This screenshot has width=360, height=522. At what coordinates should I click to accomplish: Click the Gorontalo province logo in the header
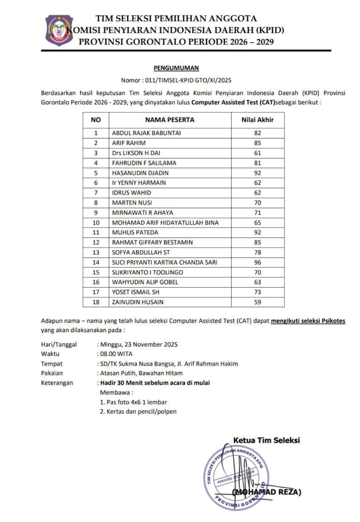[59, 30]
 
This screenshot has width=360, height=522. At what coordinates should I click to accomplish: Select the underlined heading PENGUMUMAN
[176, 68]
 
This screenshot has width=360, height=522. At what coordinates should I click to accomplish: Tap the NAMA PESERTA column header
[170, 120]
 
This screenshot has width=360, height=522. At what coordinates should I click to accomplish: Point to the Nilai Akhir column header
[257, 120]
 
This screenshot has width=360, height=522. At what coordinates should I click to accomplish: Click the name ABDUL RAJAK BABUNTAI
[146, 133]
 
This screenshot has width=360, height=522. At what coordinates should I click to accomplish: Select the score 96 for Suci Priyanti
[257, 262]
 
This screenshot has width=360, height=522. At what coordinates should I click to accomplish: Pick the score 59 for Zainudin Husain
[257, 302]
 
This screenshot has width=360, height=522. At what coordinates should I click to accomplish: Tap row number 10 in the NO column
[96, 222]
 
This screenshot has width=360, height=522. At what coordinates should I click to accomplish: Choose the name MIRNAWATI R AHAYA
[143, 213]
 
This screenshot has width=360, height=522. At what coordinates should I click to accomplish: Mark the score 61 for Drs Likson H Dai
[257, 153]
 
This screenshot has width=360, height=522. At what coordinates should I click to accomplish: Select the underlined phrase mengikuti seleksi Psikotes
[308, 321]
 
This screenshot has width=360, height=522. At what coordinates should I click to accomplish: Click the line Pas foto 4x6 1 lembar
[133, 402]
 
